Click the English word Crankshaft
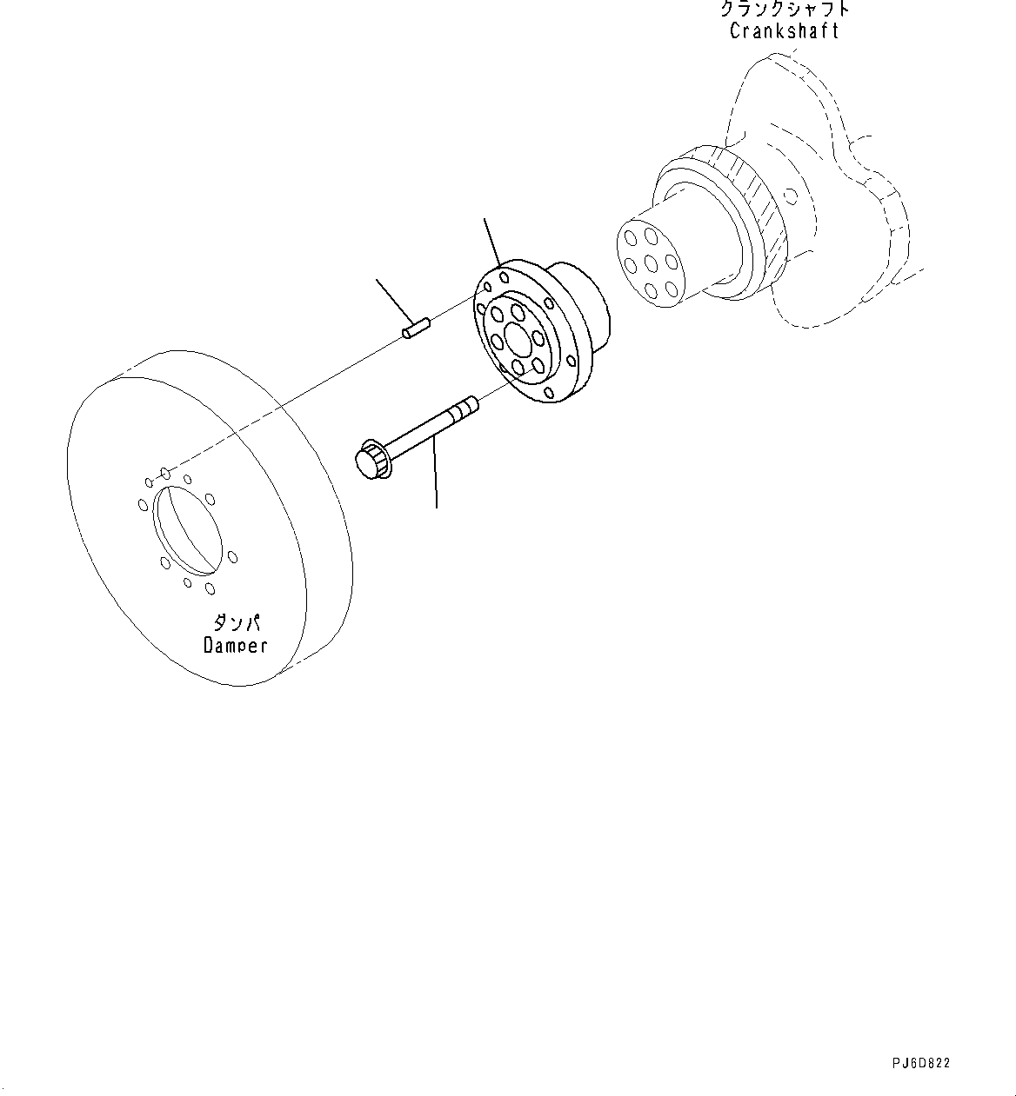784,31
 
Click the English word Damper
235,645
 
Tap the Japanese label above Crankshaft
784,10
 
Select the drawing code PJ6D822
920,1063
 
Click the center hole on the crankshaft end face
650,262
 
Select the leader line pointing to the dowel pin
393,302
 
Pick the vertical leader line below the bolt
435,474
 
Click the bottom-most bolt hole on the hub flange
547,395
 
